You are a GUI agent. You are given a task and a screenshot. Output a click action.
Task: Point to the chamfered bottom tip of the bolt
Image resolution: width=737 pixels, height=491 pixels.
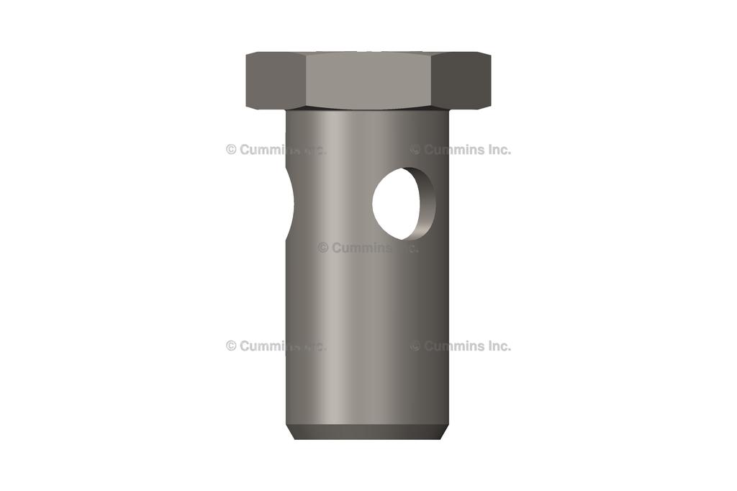click(367, 432)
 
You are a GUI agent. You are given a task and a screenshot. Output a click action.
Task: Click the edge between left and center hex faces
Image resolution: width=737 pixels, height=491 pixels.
click(306, 81)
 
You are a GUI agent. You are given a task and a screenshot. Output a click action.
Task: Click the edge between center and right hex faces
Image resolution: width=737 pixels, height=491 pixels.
click(430, 81)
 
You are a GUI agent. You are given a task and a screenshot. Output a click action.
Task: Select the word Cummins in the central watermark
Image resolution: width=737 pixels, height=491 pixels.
click(362, 248)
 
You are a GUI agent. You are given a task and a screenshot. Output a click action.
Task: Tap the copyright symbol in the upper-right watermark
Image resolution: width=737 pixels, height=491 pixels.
click(415, 150)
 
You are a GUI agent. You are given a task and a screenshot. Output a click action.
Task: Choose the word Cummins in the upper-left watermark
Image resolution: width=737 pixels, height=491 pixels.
click(270, 150)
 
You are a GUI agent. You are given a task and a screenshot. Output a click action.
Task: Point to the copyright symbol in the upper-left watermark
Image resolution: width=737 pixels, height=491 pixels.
click(231, 150)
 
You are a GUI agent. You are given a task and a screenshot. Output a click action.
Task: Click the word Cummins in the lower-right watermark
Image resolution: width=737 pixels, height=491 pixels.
click(454, 346)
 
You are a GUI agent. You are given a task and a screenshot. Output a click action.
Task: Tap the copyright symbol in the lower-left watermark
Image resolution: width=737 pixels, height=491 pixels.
click(231, 346)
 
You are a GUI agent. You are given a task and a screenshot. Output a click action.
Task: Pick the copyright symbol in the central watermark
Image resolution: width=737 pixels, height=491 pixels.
click(323, 248)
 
